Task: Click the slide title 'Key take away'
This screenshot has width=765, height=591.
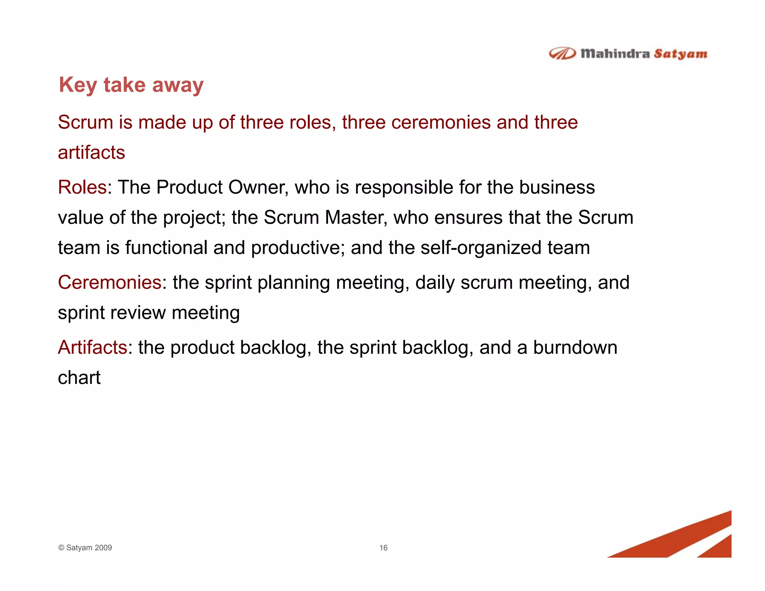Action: coord(131,85)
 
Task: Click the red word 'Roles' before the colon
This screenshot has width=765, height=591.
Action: coord(82,187)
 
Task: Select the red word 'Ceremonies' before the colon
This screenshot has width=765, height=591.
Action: coord(109,282)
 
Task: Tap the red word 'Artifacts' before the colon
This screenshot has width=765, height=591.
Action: coord(93,347)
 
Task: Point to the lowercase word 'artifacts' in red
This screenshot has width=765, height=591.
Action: coord(91,152)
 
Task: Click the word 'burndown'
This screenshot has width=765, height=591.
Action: coord(575,347)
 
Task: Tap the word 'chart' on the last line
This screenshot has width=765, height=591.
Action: coord(79,377)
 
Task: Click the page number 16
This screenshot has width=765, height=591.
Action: coord(383,548)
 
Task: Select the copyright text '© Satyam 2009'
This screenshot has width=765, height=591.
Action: coord(85,548)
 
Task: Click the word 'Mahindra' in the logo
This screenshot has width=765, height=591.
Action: coord(615,54)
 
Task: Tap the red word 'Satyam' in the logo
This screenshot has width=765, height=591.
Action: coord(680,54)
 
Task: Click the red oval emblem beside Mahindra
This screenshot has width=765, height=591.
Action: coord(562,54)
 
